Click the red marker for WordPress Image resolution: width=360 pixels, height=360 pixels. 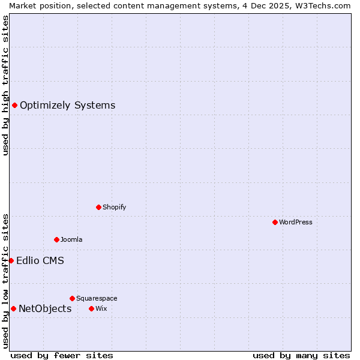(275, 222)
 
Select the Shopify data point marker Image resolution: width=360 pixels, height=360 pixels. (98, 207)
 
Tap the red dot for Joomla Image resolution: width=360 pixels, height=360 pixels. (56, 239)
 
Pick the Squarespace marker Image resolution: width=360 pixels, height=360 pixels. (72, 298)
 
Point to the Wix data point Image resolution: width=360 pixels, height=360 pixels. (91, 308)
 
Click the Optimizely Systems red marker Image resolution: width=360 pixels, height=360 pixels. (14, 106)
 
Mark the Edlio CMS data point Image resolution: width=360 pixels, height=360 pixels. (11, 260)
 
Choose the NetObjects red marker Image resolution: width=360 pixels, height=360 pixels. (13, 308)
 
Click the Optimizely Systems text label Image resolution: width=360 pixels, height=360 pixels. (67, 106)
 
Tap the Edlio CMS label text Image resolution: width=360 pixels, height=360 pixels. (40, 260)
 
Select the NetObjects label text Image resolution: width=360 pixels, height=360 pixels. (45, 308)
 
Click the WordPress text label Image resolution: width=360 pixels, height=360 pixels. (296, 222)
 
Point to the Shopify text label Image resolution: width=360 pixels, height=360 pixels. (114, 207)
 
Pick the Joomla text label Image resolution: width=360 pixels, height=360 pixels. (71, 239)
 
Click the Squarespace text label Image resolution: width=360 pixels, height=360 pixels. (97, 298)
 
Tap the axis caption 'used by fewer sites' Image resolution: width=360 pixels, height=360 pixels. (62, 355)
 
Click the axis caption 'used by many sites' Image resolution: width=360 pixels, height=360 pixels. (301, 355)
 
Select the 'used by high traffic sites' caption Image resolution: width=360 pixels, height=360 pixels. (5, 85)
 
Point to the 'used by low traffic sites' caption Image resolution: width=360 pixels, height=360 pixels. (5, 281)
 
